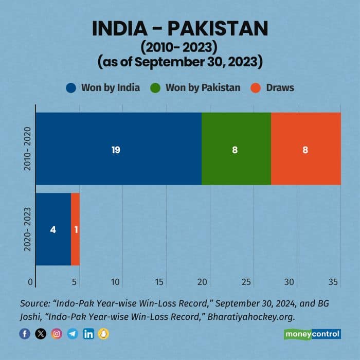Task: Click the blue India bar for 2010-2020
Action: pos(118,149)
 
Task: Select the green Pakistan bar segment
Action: pos(236,149)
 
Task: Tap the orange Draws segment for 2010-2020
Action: pos(305,149)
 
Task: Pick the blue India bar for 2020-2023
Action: pos(53,229)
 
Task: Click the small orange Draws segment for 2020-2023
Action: pos(75,229)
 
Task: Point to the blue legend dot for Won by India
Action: pos(71,87)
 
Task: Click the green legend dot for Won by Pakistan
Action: pos(155,87)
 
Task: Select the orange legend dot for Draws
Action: pos(256,87)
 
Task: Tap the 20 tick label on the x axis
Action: pos(203,282)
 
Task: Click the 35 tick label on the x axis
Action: pos(333,282)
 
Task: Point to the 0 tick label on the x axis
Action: pos(31,282)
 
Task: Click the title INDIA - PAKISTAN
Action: pos(180,28)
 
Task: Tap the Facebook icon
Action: pos(25,334)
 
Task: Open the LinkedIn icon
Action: pos(88,334)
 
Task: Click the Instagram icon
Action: pos(57,334)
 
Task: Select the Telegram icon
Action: pos(73,334)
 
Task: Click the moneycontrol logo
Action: pos(313,334)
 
